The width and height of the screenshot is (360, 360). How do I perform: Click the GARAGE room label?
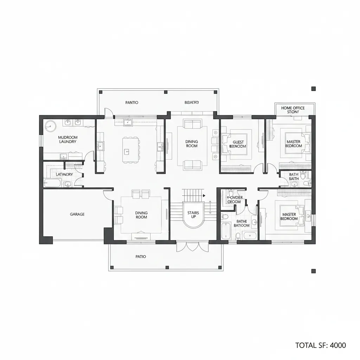tap(77, 214)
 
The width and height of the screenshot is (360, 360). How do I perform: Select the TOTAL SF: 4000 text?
tap(321, 345)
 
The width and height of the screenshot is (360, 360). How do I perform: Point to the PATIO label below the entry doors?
tap(141, 257)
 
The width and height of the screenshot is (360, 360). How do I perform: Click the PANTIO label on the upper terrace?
tap(132, 103)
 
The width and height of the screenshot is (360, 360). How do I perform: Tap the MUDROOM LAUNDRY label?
tap(67, 140)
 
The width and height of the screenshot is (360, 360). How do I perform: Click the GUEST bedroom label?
tap(238, 144)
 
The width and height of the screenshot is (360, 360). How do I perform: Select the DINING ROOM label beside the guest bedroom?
tap(192, 144)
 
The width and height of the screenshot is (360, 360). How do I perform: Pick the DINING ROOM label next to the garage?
tap(141, 215)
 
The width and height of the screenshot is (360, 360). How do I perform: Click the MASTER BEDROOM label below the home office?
tap(293, 144)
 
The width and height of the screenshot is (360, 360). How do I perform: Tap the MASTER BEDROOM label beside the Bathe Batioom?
tap(289, 217)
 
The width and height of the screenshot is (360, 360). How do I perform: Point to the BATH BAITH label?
tap(294, 176)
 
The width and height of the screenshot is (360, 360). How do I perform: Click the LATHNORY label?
tap(64, 174)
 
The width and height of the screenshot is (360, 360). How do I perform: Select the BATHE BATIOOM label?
tap(241, 223)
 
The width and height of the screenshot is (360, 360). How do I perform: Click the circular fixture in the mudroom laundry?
tap(50, 126)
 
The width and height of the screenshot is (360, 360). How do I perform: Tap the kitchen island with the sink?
tap(130, 149)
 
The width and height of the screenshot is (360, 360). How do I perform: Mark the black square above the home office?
tap(314, 89)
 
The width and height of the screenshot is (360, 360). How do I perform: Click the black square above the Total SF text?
tap(314, 271)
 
